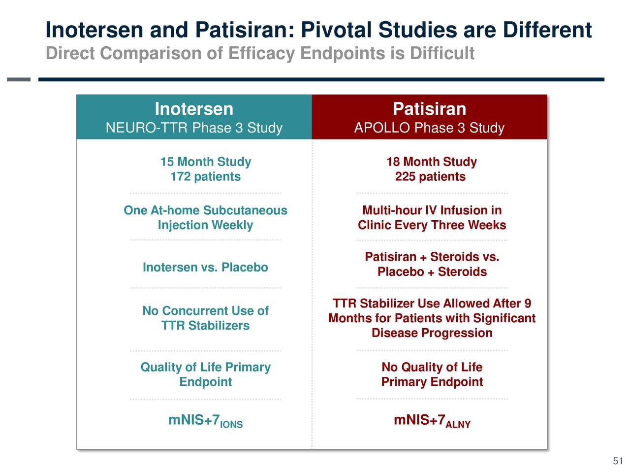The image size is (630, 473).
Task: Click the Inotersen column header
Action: click(194, 109)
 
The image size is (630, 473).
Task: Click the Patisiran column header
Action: click(429, 109)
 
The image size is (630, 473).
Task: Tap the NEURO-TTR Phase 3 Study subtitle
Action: click(194, 128)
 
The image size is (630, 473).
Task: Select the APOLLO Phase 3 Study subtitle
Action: click(429, 128)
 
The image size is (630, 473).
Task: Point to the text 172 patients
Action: click(205, 177)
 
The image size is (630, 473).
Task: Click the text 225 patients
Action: click(430, 177)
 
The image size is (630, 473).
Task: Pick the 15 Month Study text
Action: click(205, 162)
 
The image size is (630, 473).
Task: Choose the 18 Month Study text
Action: click(432, 162)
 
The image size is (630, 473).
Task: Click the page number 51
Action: click(618, 461)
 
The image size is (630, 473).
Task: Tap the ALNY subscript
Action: click(458, 425)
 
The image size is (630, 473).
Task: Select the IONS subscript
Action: click(231, 425)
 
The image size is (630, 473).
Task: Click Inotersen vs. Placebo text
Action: click(205, 268)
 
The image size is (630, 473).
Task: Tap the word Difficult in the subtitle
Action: click(442, 53)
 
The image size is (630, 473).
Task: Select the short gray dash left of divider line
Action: click(19, 79)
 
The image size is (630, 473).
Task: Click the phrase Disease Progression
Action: click(432, 333)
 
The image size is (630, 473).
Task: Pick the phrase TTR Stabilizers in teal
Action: click(205, 326)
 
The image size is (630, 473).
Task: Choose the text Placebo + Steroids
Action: click(432, 272)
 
